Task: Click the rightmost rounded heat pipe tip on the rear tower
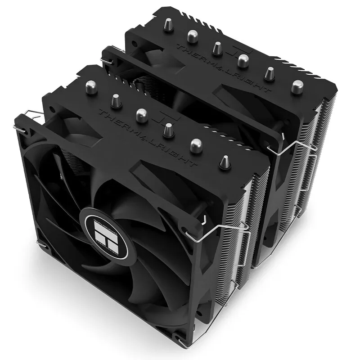click(297, 86)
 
